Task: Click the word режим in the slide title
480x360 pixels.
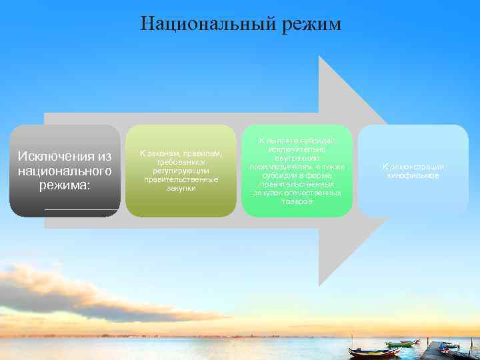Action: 307,25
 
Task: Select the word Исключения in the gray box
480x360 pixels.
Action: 57,156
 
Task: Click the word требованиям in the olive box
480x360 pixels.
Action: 180,163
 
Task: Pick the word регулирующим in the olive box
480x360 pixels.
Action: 180,171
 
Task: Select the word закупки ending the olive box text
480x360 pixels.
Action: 180,189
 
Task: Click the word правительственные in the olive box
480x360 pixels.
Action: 180,180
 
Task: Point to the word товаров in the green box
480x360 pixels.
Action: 297,201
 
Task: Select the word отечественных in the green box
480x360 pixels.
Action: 314,193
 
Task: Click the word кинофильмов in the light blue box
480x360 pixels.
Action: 413,175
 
